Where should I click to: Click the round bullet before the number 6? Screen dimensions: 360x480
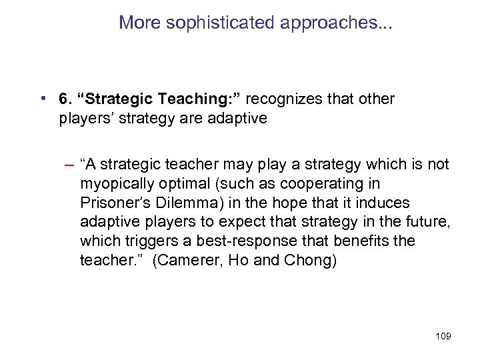[43, 99]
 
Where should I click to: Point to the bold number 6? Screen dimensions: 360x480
[65, 99]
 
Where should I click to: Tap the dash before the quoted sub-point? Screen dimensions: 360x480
[69, 165]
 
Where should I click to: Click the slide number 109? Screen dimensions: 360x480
[441, 337]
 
